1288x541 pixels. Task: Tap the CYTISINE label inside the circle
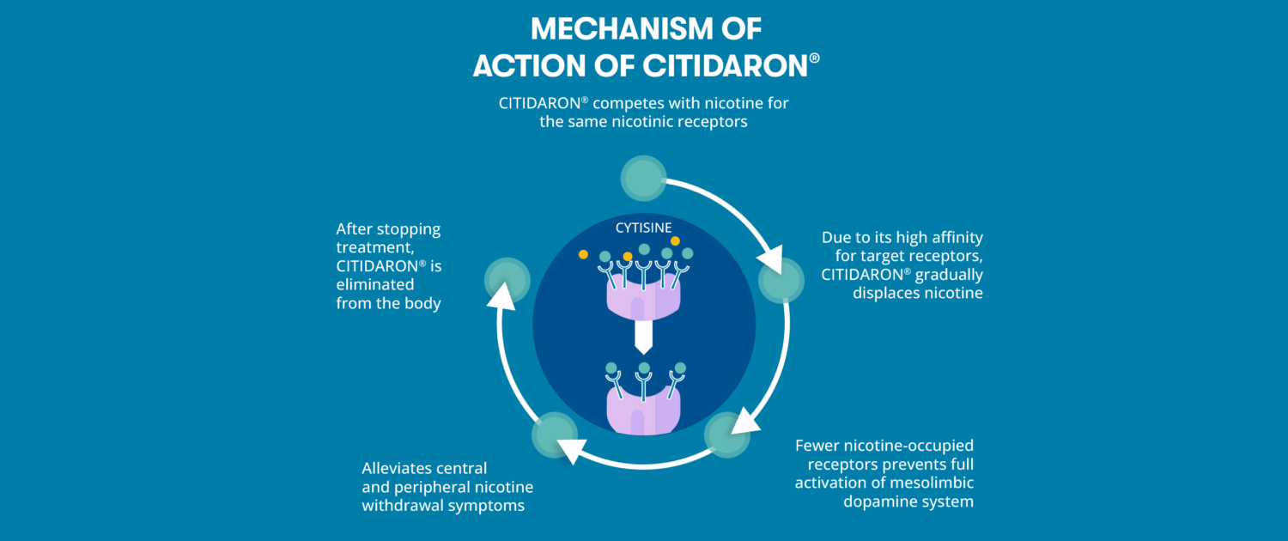pos(643,228)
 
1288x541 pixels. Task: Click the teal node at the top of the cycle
pos(643,179)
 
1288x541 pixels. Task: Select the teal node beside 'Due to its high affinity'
pos(781,280)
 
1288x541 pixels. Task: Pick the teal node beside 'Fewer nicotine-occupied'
pos(727,435)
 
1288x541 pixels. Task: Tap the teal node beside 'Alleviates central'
pos(555,435)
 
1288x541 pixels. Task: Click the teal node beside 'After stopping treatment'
pos(507,281)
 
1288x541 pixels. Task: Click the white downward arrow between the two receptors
pos(643,337)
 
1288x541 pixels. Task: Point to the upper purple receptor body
pos(643,296)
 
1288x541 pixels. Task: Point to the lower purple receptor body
pos(643,410)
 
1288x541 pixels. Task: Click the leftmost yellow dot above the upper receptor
pos(583,254)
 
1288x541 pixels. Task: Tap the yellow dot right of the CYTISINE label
pos(675,241)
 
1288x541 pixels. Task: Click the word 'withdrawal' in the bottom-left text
pos(403,505)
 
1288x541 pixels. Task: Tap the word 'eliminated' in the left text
pos(375,284)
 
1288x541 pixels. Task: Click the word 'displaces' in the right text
pos(885,293)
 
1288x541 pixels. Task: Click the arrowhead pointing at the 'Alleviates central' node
pos(572,450)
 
